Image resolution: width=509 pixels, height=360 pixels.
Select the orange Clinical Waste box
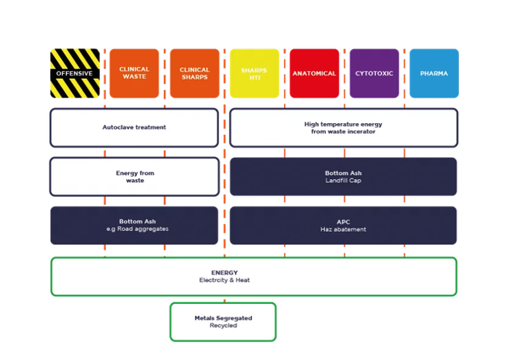point(134,73)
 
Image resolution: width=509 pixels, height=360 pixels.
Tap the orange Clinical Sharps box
point(193,73)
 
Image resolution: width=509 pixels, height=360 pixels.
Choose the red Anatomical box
point(314,73)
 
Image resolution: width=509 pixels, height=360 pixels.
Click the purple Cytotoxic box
point(374,73)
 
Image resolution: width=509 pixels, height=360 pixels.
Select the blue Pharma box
point(433,73)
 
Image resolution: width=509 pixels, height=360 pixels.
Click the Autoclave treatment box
point(134,127)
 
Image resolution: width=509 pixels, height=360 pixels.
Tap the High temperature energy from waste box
point(344,127)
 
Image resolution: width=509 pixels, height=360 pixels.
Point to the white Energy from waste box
point(134,177)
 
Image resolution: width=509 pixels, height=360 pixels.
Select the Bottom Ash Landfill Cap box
point(344,177)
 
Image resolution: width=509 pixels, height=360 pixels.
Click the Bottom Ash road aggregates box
point(134,225)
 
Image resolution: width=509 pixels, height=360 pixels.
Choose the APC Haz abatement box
point(344,225)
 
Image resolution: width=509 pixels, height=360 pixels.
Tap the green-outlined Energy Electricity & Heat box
point(254,276)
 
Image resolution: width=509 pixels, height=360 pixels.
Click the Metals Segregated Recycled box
point(223,321)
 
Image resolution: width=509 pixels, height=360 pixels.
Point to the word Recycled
point(223,325)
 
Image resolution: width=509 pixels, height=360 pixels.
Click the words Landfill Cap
point(344,181)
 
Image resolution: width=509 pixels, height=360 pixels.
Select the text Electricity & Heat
point(225,280)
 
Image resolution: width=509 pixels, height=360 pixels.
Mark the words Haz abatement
point(344,229)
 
